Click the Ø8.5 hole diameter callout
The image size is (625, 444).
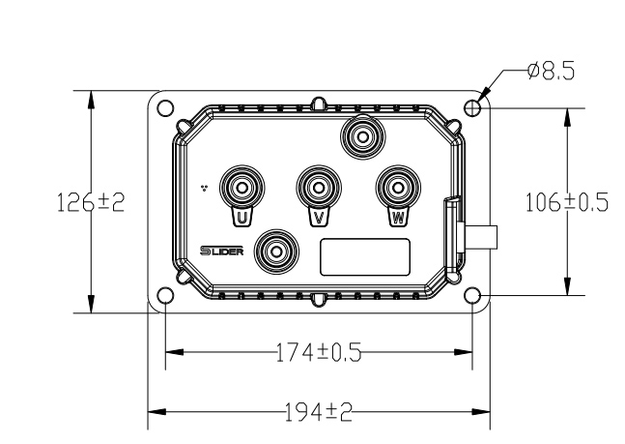[552, 72]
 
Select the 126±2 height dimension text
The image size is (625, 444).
[91, 202]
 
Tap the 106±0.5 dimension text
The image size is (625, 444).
[567, 202]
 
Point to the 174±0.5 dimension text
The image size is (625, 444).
[319, 352]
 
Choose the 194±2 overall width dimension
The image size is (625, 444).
[319, 412]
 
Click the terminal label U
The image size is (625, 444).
[241, 218]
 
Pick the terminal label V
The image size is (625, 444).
[319, 218]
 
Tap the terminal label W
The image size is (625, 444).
[398, 218]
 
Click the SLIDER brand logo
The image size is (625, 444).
[221, 251]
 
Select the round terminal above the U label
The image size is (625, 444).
[241, 187]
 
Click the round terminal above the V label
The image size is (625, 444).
[319, 187]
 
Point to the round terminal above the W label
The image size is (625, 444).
[398, 187]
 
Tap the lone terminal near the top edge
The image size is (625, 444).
[362, 136]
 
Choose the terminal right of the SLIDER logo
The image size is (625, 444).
[276, 252]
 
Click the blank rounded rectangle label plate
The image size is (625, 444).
[365, 257]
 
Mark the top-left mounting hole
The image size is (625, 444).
[165, 108]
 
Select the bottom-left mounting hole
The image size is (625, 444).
[165, 296]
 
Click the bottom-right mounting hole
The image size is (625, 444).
[472, 296]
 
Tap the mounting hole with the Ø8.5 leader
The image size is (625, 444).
[472, 108]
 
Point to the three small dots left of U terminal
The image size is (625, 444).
[205, 188]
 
